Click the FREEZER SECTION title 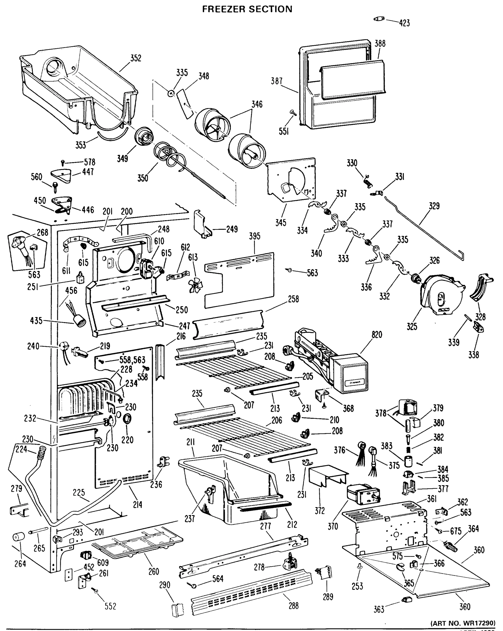pyautogui.click(x=247, y=9)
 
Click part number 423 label pyautogui.click(x=404, y=23)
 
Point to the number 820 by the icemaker pyautogui.click(x=377, y=334)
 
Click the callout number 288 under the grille pyautogui.click(x=293, y=605)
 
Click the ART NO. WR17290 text pyautogui.click(x=463, y=623)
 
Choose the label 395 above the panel pyautogui.click(x=255, y=236)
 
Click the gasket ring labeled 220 pyautogui.click(x=127, y=419)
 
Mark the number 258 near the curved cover pyautogui.click(x=293, y=299)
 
